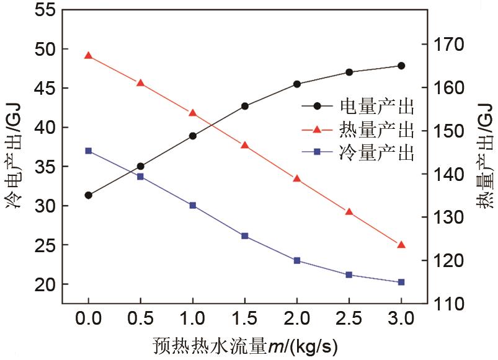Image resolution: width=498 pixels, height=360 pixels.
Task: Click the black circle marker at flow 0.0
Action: point(88,195)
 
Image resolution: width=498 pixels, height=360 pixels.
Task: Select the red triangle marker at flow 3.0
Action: point(401,245)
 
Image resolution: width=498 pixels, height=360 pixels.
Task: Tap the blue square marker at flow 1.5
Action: point(244,236)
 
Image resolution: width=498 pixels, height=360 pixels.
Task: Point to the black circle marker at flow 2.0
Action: point(297,84)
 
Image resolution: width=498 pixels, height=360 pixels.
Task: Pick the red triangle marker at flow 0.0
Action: point(88,56)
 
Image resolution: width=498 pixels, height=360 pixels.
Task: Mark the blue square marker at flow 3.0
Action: point(401,282)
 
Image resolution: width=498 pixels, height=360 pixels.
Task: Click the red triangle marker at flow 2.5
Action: point(349,212)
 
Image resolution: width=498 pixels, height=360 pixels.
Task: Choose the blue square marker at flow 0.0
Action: point(88,151)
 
